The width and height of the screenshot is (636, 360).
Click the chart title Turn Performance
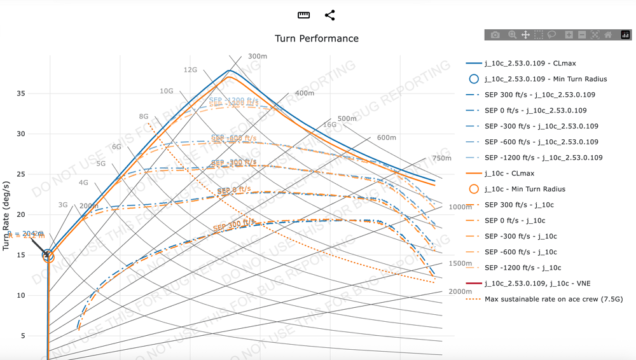(x=317, y=38)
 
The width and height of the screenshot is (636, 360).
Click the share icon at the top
(x=329, y=15)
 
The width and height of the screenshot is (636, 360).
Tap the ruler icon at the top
(x=303, y=15)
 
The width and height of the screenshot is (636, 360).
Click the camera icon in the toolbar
(x=495, y=35)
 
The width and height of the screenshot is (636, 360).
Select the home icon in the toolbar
(x=608, y=35)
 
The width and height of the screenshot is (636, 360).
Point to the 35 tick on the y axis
(x=21, y=93)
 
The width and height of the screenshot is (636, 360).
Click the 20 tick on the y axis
(x=21, y=215)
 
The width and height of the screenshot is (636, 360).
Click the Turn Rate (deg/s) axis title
(x=6, y=216)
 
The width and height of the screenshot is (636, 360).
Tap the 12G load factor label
(x=190, y=70)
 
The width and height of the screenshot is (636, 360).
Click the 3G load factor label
(x=62, y=205)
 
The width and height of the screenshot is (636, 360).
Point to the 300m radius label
(x=258, y=57)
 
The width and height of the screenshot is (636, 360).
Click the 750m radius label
(x=441, y=158)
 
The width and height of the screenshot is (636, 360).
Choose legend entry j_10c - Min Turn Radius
(x=525, y=189)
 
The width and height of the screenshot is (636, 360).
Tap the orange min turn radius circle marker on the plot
(x=48, y=257)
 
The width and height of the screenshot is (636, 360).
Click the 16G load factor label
(x=329, y=125)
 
